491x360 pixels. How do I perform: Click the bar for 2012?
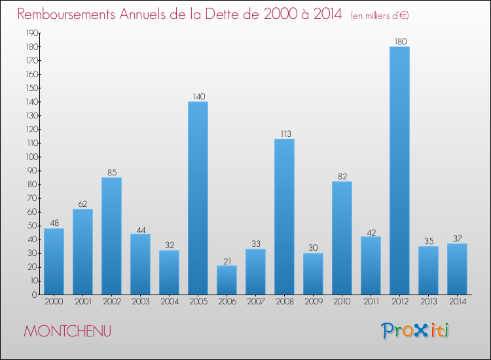pyautogui.click(x=399, y=170)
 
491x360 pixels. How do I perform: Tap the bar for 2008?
pyautogui.click(x=284, y=217)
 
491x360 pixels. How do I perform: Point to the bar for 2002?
pyautogui.click(x=111, y=236)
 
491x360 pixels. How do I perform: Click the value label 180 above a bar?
pyautogui.click(x=399, y=42)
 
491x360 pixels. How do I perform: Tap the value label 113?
pyautogui.click(x=284, y=134)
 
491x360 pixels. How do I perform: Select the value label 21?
pyautogui.click(x=227, y=261)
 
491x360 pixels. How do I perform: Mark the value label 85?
pyautogui.click(x=111, y=173)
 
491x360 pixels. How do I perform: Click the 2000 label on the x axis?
pyautogui.click(x=54, y=302)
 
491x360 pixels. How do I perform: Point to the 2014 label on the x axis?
pyautogui.click(x=457, y=302)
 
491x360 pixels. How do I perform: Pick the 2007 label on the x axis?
pyautogui.click(x=255, y=302)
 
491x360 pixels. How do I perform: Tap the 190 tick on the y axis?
pyautogui.click(x=30, y=33)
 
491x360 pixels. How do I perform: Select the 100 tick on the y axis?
pyautogui.click(x=30, y=156)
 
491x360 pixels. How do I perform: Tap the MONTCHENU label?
pyautogui.click(x=67, y=331)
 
